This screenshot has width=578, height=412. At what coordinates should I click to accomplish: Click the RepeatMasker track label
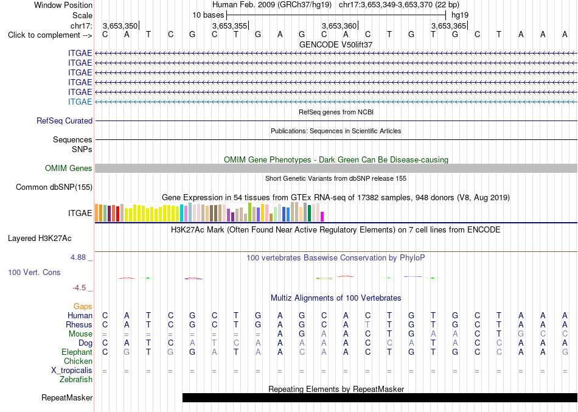click(67, 397)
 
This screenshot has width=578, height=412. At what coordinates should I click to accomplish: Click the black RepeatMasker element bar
click(380, 397)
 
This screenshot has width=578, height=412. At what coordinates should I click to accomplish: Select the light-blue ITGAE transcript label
click(80, 102)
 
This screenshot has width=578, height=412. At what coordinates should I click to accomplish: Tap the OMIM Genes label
click(69, 168)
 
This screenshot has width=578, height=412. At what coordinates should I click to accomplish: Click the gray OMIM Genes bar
click(336, 168)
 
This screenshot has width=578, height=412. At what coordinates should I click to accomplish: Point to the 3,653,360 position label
click(339, 26)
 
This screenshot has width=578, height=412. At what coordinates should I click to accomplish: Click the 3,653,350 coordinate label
click(120, 26)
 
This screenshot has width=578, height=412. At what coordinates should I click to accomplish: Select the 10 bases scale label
click(208, 15)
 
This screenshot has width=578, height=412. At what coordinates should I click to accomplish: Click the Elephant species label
click(77, 352)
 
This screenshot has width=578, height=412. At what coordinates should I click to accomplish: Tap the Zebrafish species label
click(76, 379)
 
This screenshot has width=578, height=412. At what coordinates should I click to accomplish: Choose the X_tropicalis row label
click(72, 371)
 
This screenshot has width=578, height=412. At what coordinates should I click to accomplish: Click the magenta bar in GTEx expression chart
click(322, 217)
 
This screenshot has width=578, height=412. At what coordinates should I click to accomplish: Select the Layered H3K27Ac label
click(40, 239)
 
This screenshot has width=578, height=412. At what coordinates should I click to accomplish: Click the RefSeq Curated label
click(64, 120)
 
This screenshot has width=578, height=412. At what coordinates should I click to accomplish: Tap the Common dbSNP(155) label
click(54, 187)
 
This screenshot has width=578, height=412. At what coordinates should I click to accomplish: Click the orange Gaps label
click(83, 307)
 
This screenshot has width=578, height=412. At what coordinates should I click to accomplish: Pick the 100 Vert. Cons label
click(34, 272)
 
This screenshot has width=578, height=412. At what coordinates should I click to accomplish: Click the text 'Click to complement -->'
click(50, 35)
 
